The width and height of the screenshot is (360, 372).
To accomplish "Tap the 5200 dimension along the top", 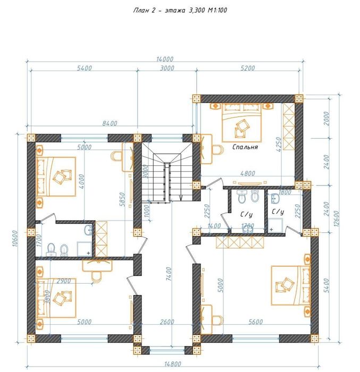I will click(247, 68).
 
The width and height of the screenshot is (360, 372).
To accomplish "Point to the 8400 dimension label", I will click(110, 123).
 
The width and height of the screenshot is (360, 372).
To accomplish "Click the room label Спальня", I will click(245, 147).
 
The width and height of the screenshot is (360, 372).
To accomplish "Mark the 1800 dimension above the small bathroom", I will click(285, 192).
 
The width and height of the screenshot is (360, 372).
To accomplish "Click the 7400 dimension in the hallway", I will click(169, 274).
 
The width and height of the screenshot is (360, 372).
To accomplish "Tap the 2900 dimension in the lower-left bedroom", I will click(64, 280).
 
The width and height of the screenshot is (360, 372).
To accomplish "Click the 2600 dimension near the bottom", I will click(166, 322).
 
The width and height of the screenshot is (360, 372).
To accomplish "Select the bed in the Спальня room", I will click(238, 121).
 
